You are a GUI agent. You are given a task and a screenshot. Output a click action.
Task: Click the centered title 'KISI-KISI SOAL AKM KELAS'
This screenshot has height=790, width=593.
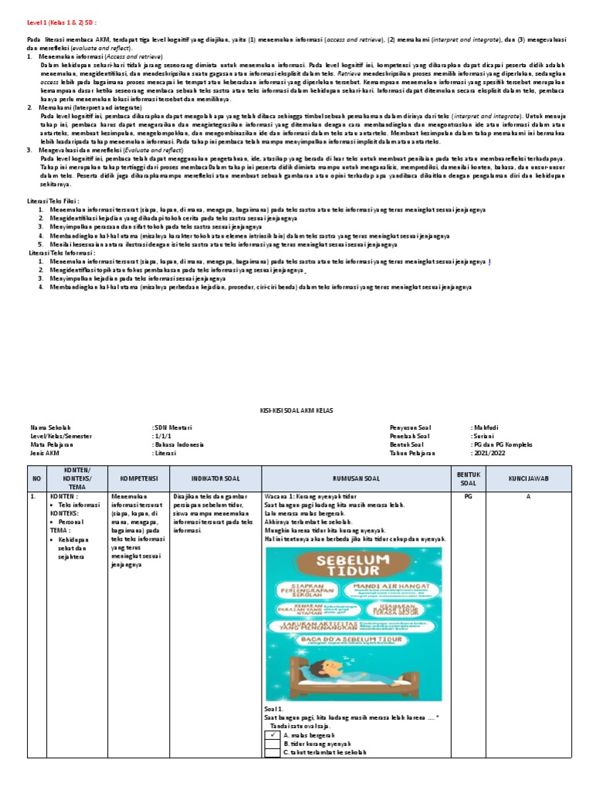pyautogui.click(x=295, y=413)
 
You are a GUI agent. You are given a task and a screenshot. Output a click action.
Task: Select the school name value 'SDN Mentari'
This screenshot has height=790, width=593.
pyautogui.click(x=172, y=427)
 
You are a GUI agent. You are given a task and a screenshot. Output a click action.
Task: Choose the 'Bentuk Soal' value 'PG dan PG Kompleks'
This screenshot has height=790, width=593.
pyautogui.click(x=502, y=444)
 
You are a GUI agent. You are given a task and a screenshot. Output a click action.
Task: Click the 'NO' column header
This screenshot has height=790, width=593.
pyautogui.click(x=35, y=478)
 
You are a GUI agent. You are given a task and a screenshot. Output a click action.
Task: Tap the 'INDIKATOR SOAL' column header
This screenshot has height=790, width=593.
pyautogui.click(x=215, y=478)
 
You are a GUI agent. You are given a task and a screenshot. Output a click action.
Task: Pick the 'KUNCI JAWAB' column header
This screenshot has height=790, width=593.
pyautogui.click(x=528, y=478)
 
